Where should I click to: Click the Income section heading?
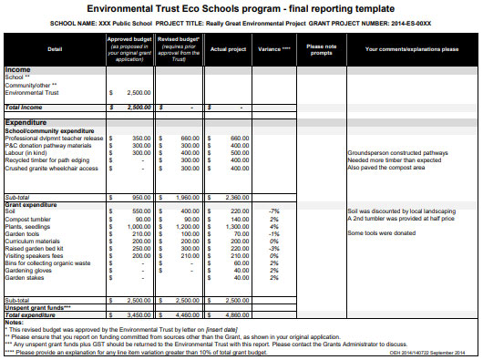(17, 69)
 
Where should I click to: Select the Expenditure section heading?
(26, 121)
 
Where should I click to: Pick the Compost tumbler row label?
(27, 219)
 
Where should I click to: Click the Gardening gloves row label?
(29, 270)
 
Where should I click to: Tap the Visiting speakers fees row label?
(36, 255)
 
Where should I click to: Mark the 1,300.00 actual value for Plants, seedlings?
(234, 226)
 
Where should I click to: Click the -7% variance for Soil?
(272, 211)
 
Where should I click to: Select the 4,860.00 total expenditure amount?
(234, 314)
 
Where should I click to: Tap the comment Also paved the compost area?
(386, 168)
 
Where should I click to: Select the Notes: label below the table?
(14, 322)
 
